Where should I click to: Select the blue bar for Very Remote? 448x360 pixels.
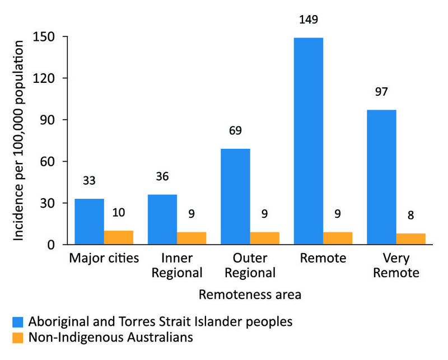pyautogui.click(x=381, y=177)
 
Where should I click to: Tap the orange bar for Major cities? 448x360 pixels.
pyautogui.click(x=118, y=237)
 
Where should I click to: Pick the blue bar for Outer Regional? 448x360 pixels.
pyautogui.click(x=235, y=197)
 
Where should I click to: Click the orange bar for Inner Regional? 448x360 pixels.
pyautogui.click(x=192, y=239)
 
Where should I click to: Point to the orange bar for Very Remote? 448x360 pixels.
pyautogui.click(x=410, y=239)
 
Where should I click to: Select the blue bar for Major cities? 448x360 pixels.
pyautogui.click(x=89, y=222)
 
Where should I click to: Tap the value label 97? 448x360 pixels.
pyautogui.click(x=381, y=92)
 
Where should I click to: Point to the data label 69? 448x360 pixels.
pyautogui.click(x=235, y=131)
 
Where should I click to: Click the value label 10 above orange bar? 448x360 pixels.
pyautogui.click(x=118, y=213)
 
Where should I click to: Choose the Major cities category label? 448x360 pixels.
pyautogui.click(x=104, y=259)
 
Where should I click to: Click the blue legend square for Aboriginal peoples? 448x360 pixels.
pyautogui.click(x=20, y=322)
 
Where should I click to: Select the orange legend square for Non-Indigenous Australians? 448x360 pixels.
pyautogui.click(x=20, y=338)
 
